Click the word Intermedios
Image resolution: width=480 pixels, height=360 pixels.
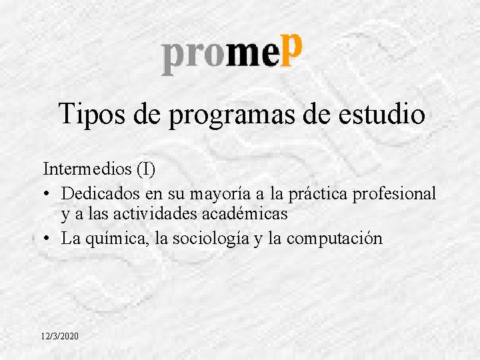87,169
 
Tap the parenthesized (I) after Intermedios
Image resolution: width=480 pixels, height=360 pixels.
145,169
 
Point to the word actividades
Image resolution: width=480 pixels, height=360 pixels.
161,214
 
